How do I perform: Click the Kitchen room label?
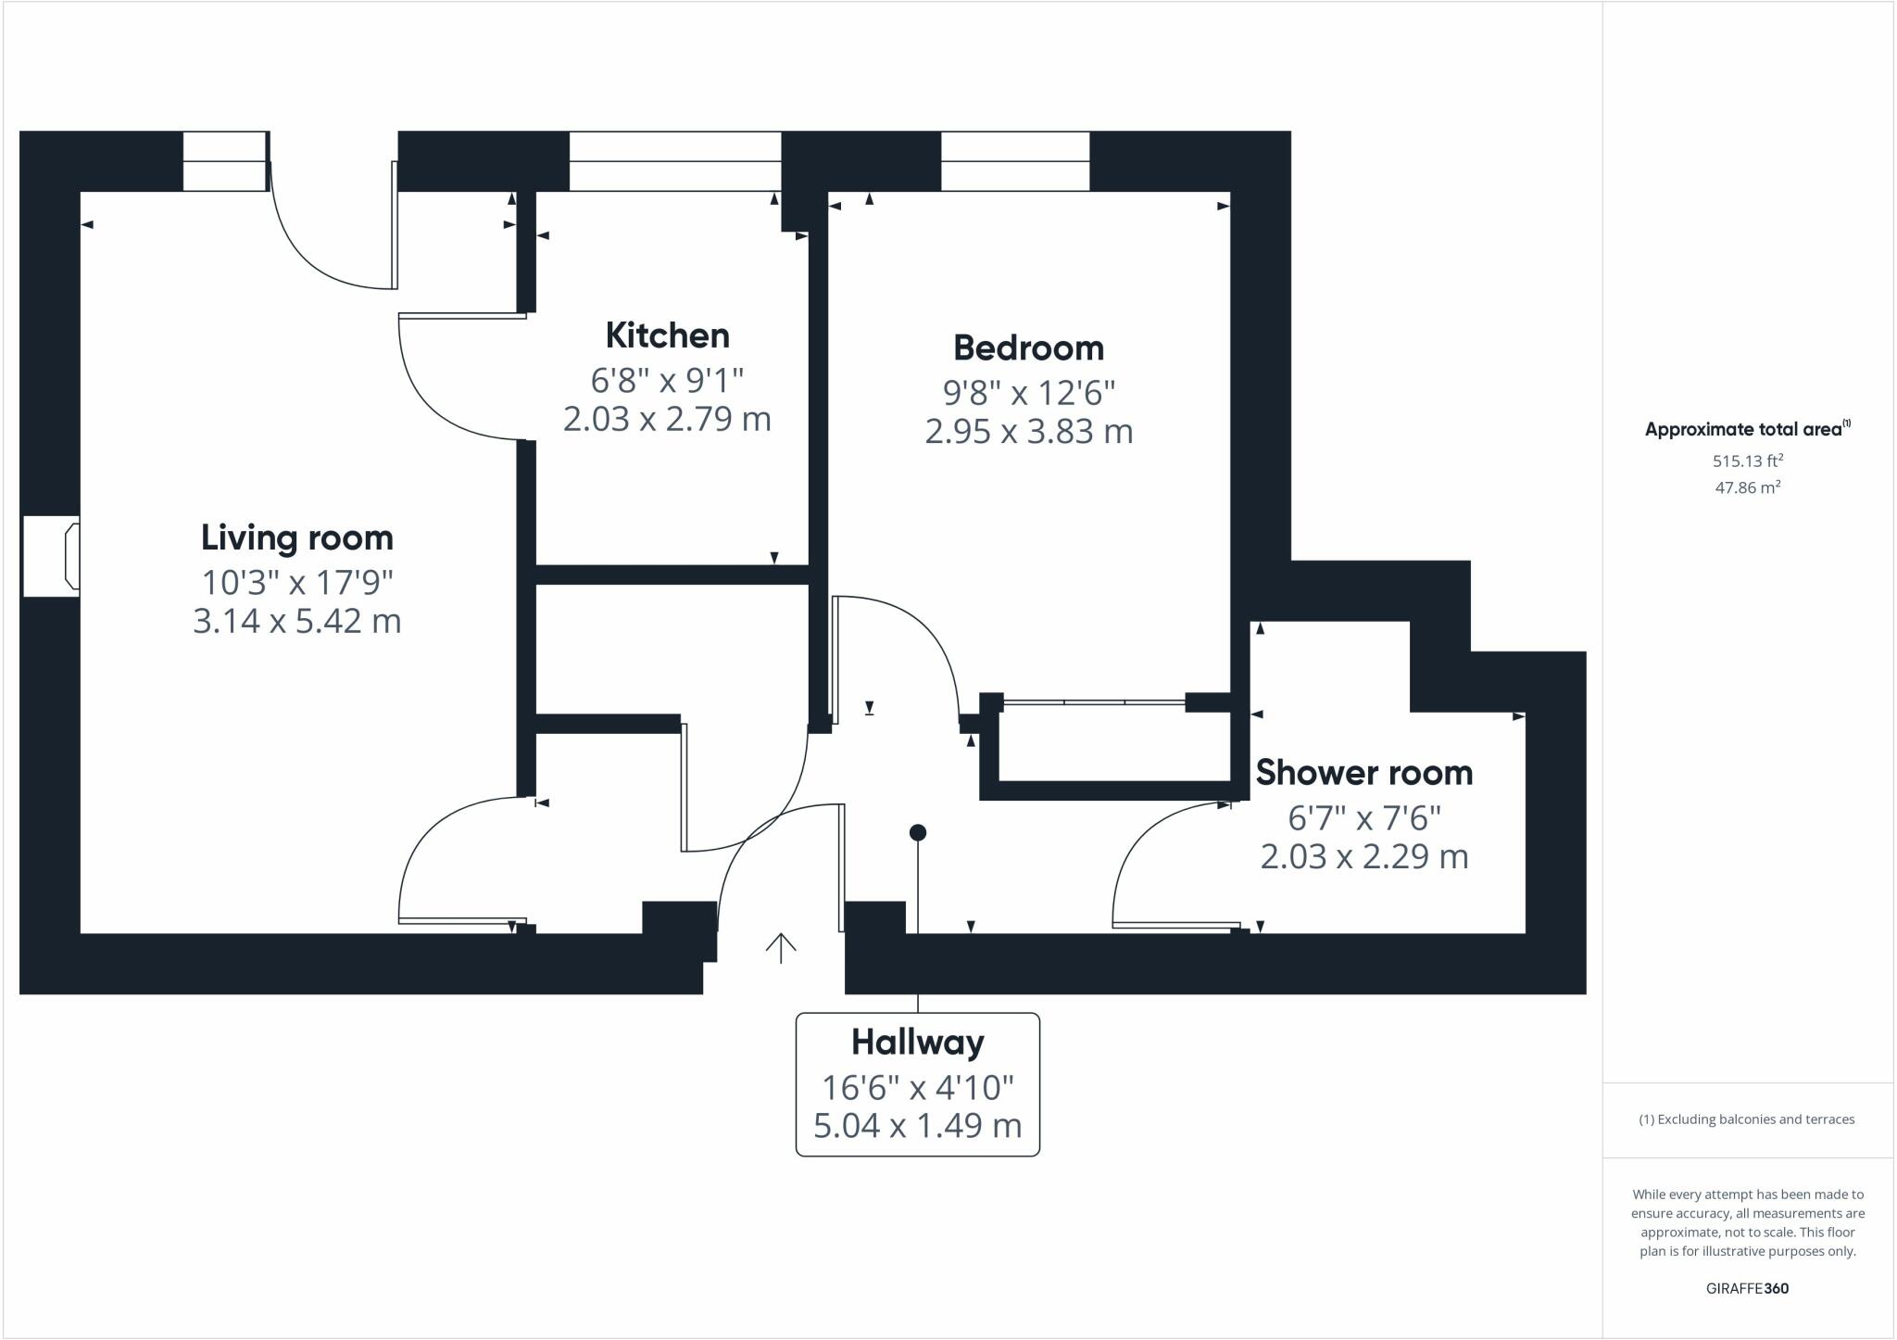tap(667, 335)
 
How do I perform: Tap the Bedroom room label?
tap(1028, 348)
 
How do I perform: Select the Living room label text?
tap(296, 538)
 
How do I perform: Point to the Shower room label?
tap(1363, 773)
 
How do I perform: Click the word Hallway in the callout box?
tap(917, 1043)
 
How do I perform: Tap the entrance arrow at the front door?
tap(781, 947)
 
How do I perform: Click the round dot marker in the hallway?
tap(918, 833)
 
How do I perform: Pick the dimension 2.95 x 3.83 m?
tap(1028, 432)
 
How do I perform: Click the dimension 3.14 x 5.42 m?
tap(296, 621)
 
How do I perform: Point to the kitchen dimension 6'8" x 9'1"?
tap(667, 380)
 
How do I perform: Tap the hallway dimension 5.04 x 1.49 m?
tap(917, 1126)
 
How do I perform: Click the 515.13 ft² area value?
tap(1747, 461)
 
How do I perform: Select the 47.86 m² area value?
tap(1747, 487)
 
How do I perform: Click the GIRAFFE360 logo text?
tap(1747, 1288)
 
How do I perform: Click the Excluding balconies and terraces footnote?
tap(1747, 1119)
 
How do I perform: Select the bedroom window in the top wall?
tap(1015, 161)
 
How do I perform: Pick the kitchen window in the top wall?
tap(675, 161)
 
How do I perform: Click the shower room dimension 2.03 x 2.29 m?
tap(1363, 857)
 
